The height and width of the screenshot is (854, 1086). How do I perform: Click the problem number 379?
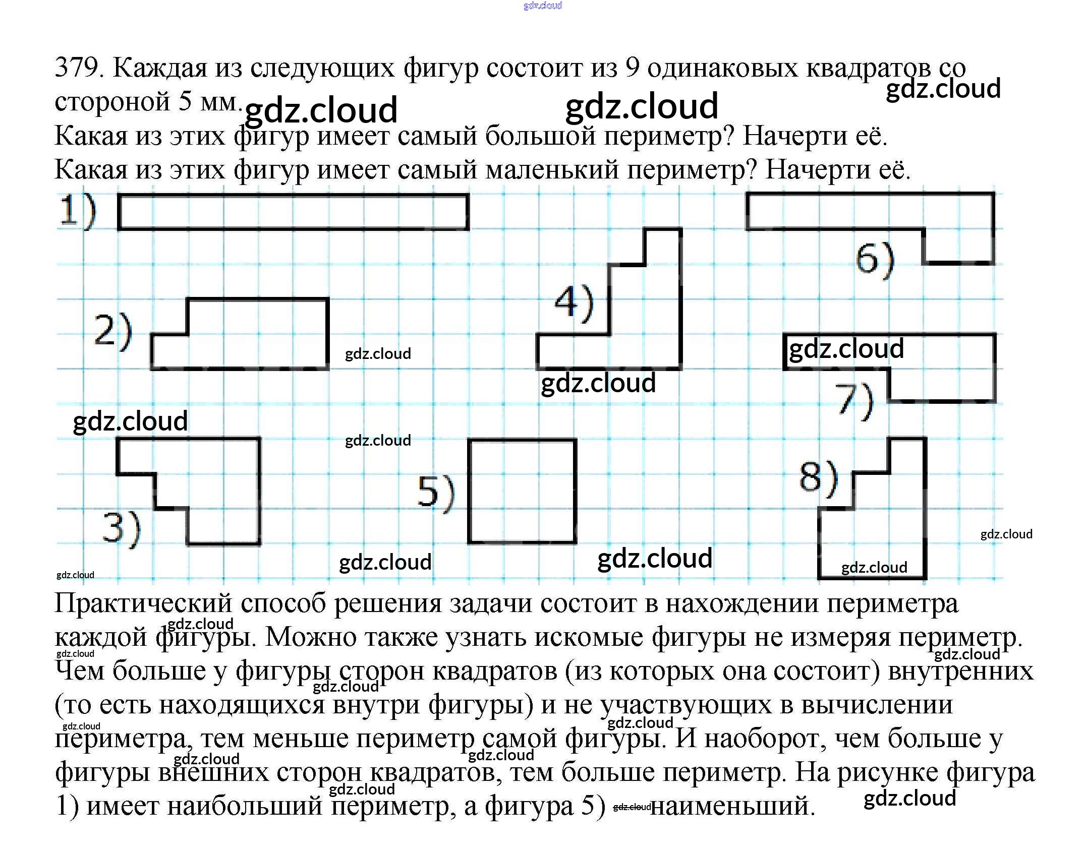coord(78,68)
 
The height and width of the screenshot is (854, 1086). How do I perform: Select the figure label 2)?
coord(113,331)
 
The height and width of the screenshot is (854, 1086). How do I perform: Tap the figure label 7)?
coord(853,400)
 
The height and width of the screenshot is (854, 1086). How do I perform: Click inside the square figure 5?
coord(522,492)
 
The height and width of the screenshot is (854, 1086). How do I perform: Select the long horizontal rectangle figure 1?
coord(293,212)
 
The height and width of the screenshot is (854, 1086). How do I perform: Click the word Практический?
coord(143,603)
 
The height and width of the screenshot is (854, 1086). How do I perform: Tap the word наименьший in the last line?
coord(732,806)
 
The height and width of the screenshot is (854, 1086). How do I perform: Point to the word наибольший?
coord(245,806)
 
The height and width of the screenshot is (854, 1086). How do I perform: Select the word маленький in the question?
coord(552,170)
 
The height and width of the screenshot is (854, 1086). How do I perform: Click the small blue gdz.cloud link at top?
coord(542,6)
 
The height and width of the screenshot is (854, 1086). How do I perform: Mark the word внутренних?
coord(960,671)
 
